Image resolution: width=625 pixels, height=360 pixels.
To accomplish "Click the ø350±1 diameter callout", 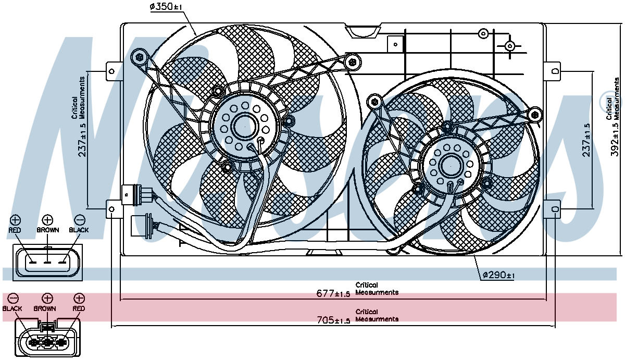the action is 166,6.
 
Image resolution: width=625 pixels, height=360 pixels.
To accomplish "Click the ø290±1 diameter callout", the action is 498,275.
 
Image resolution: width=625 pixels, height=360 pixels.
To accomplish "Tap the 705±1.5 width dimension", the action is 333,320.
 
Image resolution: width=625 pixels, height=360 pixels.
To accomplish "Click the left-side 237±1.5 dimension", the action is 83,140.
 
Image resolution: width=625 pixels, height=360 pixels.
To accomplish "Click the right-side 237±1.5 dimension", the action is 586,140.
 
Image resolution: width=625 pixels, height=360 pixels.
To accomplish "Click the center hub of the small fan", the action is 451,166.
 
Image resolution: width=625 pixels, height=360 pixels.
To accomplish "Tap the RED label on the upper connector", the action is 15,230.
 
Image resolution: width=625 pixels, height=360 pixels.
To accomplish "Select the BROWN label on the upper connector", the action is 48,230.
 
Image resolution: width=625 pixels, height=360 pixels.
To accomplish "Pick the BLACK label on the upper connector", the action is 79,230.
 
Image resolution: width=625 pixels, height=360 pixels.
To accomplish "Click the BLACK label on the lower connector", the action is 12,308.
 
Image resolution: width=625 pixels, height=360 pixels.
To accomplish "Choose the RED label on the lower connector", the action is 79,308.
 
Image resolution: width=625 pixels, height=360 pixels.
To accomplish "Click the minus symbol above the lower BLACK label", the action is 13,299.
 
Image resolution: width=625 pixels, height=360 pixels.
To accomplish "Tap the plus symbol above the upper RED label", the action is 15,220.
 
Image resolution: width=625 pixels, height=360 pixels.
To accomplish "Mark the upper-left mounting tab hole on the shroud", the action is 111,71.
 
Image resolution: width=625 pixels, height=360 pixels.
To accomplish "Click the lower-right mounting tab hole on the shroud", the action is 555,209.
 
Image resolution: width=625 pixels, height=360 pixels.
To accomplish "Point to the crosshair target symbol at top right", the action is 510,46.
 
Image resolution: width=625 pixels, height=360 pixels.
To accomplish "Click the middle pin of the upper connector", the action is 47,263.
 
